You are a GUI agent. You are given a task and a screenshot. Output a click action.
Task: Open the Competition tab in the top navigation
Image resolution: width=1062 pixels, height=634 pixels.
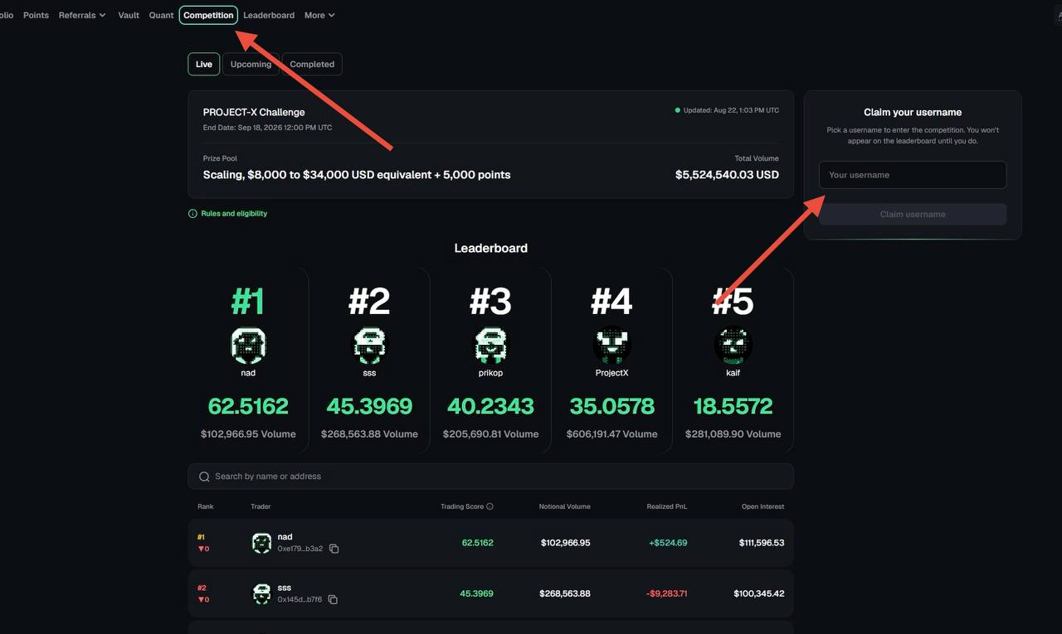[208, 15]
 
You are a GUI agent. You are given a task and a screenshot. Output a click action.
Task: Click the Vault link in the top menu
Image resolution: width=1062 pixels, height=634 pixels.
[129, 15]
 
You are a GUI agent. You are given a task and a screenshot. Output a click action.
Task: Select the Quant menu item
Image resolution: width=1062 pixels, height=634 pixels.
[161, 15]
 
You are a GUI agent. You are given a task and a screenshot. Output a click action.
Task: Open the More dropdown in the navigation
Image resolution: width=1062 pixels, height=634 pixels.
[319, 15]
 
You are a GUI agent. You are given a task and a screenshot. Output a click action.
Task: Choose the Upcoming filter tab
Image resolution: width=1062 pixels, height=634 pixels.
[251, 64]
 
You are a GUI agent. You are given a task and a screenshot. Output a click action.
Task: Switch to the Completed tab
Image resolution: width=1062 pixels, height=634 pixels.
[312, 64]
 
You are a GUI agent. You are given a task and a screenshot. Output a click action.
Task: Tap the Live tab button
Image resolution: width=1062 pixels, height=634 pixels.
[204, 64]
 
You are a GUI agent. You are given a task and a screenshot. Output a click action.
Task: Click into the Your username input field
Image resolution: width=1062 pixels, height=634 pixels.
[912, 175]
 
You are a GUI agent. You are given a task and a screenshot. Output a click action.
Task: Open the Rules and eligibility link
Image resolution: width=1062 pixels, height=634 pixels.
[234, 214]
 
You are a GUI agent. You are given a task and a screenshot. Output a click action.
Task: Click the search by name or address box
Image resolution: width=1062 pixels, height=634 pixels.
[490, 477]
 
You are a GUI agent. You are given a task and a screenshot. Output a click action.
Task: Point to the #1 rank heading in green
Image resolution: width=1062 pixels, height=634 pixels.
[248, 301]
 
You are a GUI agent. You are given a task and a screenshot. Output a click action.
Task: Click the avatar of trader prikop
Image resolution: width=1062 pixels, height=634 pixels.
[490, 345]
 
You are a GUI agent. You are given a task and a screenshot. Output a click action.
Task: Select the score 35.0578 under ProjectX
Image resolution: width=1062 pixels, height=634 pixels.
[611, 406]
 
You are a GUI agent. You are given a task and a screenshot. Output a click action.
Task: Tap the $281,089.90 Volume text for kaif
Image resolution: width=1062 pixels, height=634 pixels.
[733, 433]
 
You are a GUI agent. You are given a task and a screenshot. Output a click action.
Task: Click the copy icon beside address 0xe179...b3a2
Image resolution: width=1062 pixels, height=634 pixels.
[334, 549]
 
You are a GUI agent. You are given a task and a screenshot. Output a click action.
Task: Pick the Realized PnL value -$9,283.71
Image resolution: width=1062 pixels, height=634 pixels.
[666, 593]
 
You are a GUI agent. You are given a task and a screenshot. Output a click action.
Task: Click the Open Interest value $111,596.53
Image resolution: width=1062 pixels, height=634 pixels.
[762, 543]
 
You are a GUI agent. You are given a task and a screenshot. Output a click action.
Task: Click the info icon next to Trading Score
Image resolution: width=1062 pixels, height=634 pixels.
[490, 506]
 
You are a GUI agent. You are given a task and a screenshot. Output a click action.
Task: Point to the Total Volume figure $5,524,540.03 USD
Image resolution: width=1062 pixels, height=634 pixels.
[727, 175]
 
